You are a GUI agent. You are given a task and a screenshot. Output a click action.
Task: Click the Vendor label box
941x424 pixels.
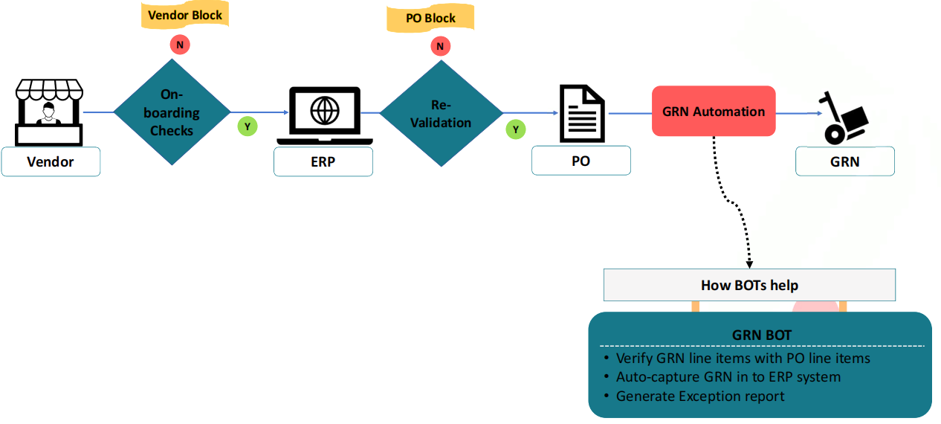pyautogui.click(x=51, y=161)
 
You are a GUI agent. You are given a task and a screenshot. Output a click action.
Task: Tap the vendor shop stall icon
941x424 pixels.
pyautogui.click(x=49, y=112)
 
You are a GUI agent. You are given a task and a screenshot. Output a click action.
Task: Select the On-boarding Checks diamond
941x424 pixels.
pyautogui.click(x=172, y=112)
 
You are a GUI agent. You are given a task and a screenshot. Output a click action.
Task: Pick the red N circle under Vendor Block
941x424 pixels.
pyautogui.click(x=179, y=45)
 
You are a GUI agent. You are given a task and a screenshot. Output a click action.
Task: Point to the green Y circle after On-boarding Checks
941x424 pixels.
pyautogui.click(x=248, y=126)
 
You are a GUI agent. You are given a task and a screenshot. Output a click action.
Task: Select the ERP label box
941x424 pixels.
pyautogui.click(x=323, y=161)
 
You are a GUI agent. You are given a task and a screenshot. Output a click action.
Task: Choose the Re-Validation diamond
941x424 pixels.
pyautogui.click(x=441, y=113)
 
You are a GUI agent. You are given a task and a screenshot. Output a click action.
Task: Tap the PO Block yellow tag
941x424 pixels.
pyautogui.click(x=430, y=19)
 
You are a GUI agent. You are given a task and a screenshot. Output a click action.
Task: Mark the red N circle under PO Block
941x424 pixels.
pyautogui.click(x=441, y=47)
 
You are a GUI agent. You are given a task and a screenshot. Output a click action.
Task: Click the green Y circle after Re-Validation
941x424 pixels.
pyautogui.click(x=516, y=130)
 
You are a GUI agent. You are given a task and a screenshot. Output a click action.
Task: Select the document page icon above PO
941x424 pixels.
pyautogui.click(x=581, y=114)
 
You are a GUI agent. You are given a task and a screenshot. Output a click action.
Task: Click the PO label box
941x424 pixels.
pyautogui.click(x=581, y=161)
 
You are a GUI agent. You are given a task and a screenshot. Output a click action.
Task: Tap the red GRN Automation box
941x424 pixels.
pyautogui.click(x=714, y=112)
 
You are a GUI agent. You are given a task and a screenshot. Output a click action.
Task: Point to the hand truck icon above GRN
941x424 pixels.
pyautogui.click(x=845, y=118)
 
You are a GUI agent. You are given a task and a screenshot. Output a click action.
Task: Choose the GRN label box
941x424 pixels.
pyautogui.click(x=845, y=161)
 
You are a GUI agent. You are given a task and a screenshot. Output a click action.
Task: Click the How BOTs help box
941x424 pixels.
pyautogui.click(x=749, y=286)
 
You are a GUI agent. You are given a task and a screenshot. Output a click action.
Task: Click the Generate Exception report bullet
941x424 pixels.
pyautogui.click(x=700, y=396)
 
